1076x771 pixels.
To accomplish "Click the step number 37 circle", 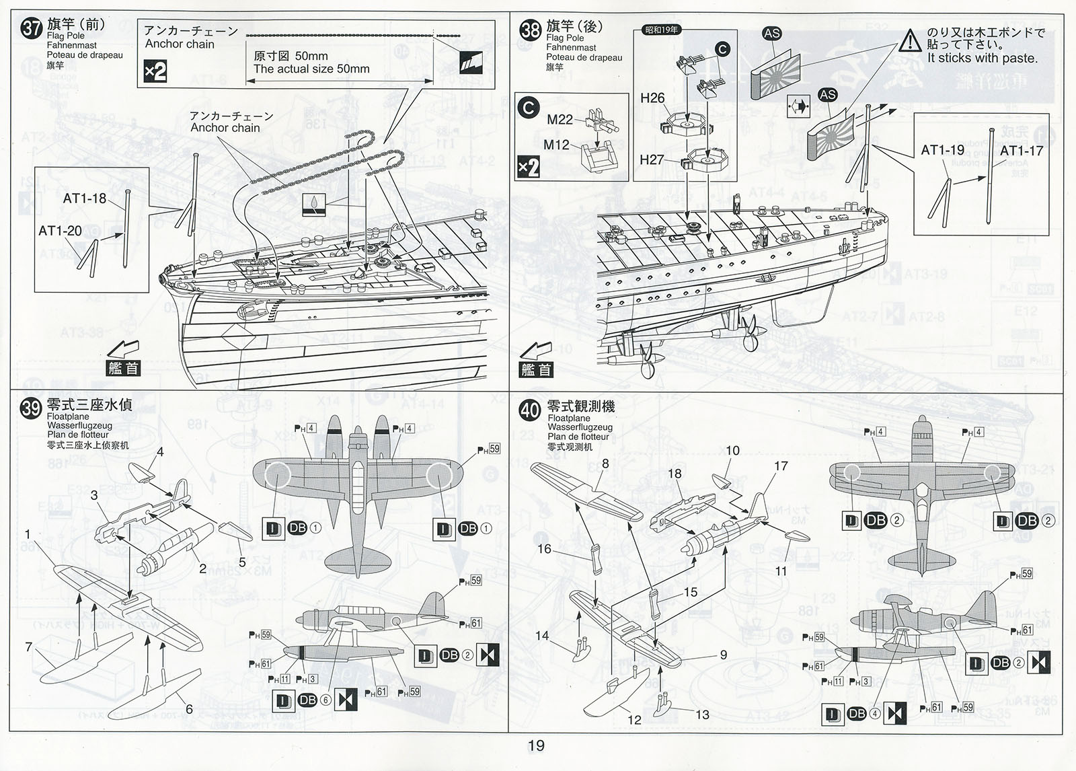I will [32, 29].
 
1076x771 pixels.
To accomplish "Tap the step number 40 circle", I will [530, 410].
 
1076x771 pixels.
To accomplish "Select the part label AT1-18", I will [84, 198].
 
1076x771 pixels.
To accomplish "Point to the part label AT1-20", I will [60, 231].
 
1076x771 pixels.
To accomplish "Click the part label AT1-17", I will [1021, 151].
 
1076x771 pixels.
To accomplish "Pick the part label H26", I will [652, 98].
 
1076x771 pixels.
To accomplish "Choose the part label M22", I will [560, 120].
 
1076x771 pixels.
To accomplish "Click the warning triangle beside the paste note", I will [910, 41].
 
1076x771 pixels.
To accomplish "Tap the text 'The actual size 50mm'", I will [311, 69].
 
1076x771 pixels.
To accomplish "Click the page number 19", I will [536, 745].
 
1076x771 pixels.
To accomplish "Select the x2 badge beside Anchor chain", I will [155, 71].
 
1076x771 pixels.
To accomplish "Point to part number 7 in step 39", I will [28, 647].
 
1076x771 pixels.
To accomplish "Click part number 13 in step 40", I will [702, 714].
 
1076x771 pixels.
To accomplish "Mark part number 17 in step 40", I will [781, 466].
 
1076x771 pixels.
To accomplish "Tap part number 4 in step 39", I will [160, 451].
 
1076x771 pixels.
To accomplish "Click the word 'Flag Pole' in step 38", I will [565, 38].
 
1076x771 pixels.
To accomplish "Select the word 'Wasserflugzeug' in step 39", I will [79, 426].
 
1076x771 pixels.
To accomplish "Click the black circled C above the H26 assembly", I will [722, 49].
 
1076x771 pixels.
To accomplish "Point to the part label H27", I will [652, 159].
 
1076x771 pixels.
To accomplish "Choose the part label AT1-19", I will [942, 151].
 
